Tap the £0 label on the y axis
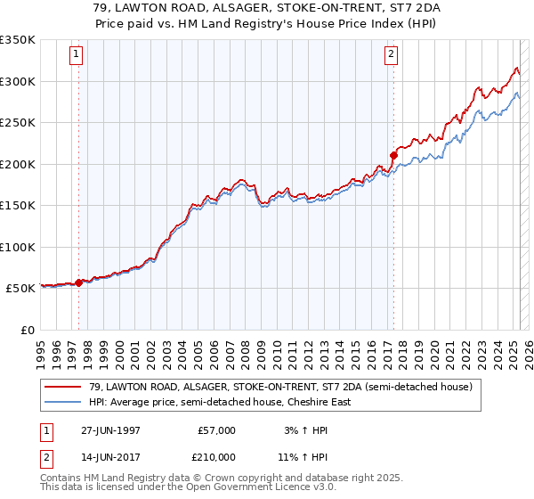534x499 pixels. pyautogui.click(x=27, y=330)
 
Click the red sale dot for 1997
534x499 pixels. pyautogui.click(x=78, y=282)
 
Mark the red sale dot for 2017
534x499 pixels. pyautogui.click(x=392, y=156)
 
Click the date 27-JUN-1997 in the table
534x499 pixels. pyautogui.click(x=110, y=430)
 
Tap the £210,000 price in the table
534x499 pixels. pyautogui.click(x=215, y=457)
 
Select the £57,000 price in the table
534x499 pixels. pyautogui.click(x=215, y=430)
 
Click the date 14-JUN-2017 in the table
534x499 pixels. pyautogui.click(x=110, y=457)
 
